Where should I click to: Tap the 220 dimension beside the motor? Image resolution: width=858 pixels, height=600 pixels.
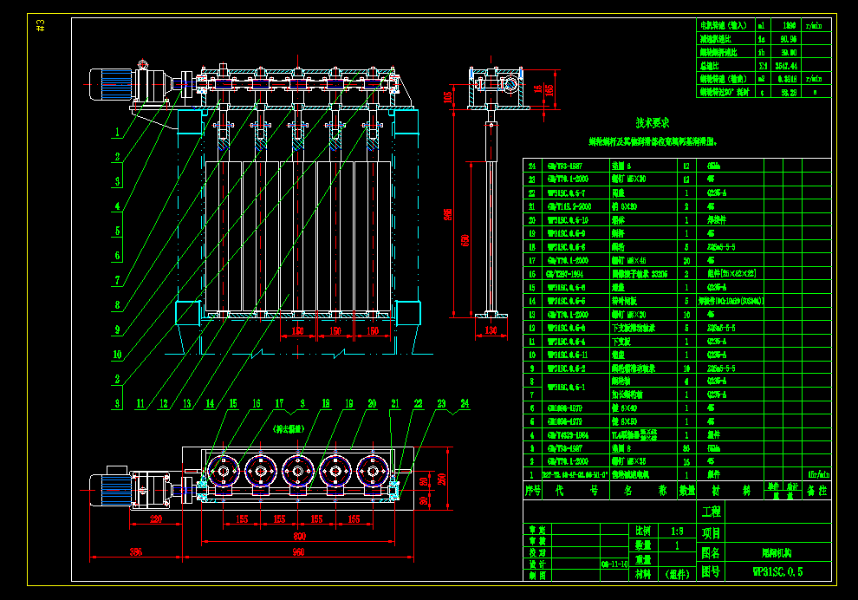(156, 518)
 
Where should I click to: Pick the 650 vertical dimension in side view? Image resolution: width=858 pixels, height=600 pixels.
(465, 239)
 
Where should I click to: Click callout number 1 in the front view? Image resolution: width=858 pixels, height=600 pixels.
(114, 134)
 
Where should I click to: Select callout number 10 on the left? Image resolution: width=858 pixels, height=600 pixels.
(116, 354)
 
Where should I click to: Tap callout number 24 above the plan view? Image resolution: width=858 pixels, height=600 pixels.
(464, 403)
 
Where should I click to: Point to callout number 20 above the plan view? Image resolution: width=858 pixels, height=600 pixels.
(372, 403)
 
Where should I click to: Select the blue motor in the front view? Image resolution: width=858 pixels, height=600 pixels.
(113, 84)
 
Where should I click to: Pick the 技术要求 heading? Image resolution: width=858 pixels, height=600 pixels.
(652, 123)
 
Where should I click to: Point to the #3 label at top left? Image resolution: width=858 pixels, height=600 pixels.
(41, 26)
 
